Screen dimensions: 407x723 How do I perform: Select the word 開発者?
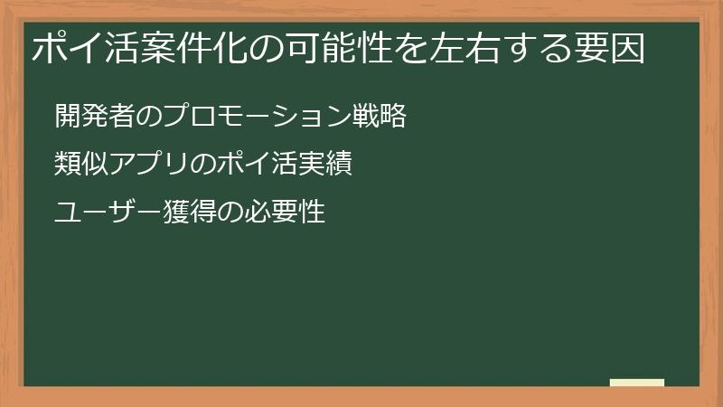[x=93, y=117]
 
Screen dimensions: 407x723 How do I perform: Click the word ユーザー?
[x=107, y=213]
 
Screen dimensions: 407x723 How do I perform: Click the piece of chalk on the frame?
[x=637, y=383]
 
